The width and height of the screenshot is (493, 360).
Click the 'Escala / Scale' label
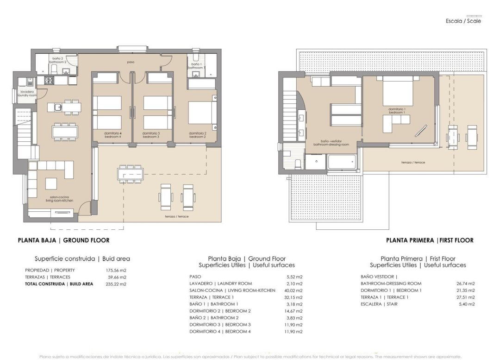click(463, 21)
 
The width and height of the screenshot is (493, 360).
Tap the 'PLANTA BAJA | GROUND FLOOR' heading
click(63, 240)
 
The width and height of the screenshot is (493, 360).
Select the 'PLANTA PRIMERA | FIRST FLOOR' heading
click(430, 240)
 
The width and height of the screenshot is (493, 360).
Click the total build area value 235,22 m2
click(117, 284)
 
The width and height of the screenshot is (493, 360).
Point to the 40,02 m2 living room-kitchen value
click(293, 290)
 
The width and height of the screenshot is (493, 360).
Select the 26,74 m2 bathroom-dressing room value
click(465, 283)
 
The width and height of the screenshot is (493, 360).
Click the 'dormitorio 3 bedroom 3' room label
click(151, 135)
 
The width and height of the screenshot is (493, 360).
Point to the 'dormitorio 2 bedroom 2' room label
click(198, 135)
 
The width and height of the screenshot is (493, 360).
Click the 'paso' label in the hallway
click(131, 62)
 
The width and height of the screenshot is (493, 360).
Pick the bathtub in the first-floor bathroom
click(342, 163)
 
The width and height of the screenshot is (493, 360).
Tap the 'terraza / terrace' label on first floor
click(413, 163)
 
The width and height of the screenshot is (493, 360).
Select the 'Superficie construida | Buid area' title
click(82, 259)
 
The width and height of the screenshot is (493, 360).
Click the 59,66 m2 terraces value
click(117, 277)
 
